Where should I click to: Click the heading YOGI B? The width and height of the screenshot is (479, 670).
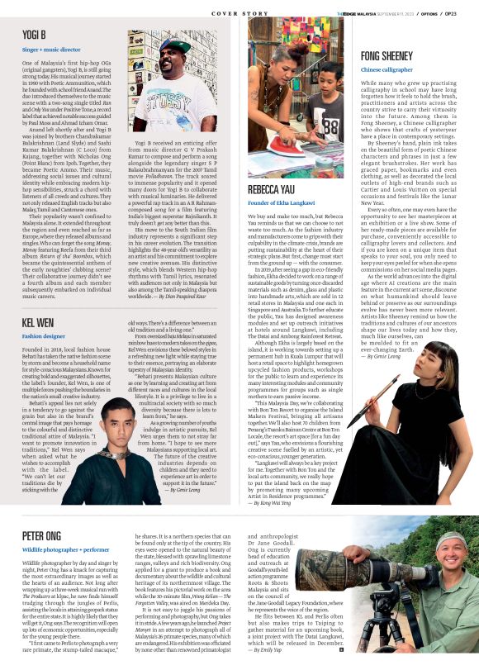tap(35, 36)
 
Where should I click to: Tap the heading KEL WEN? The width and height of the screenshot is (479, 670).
tap(38, 321)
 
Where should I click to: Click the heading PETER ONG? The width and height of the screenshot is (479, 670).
tap(41, 535)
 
